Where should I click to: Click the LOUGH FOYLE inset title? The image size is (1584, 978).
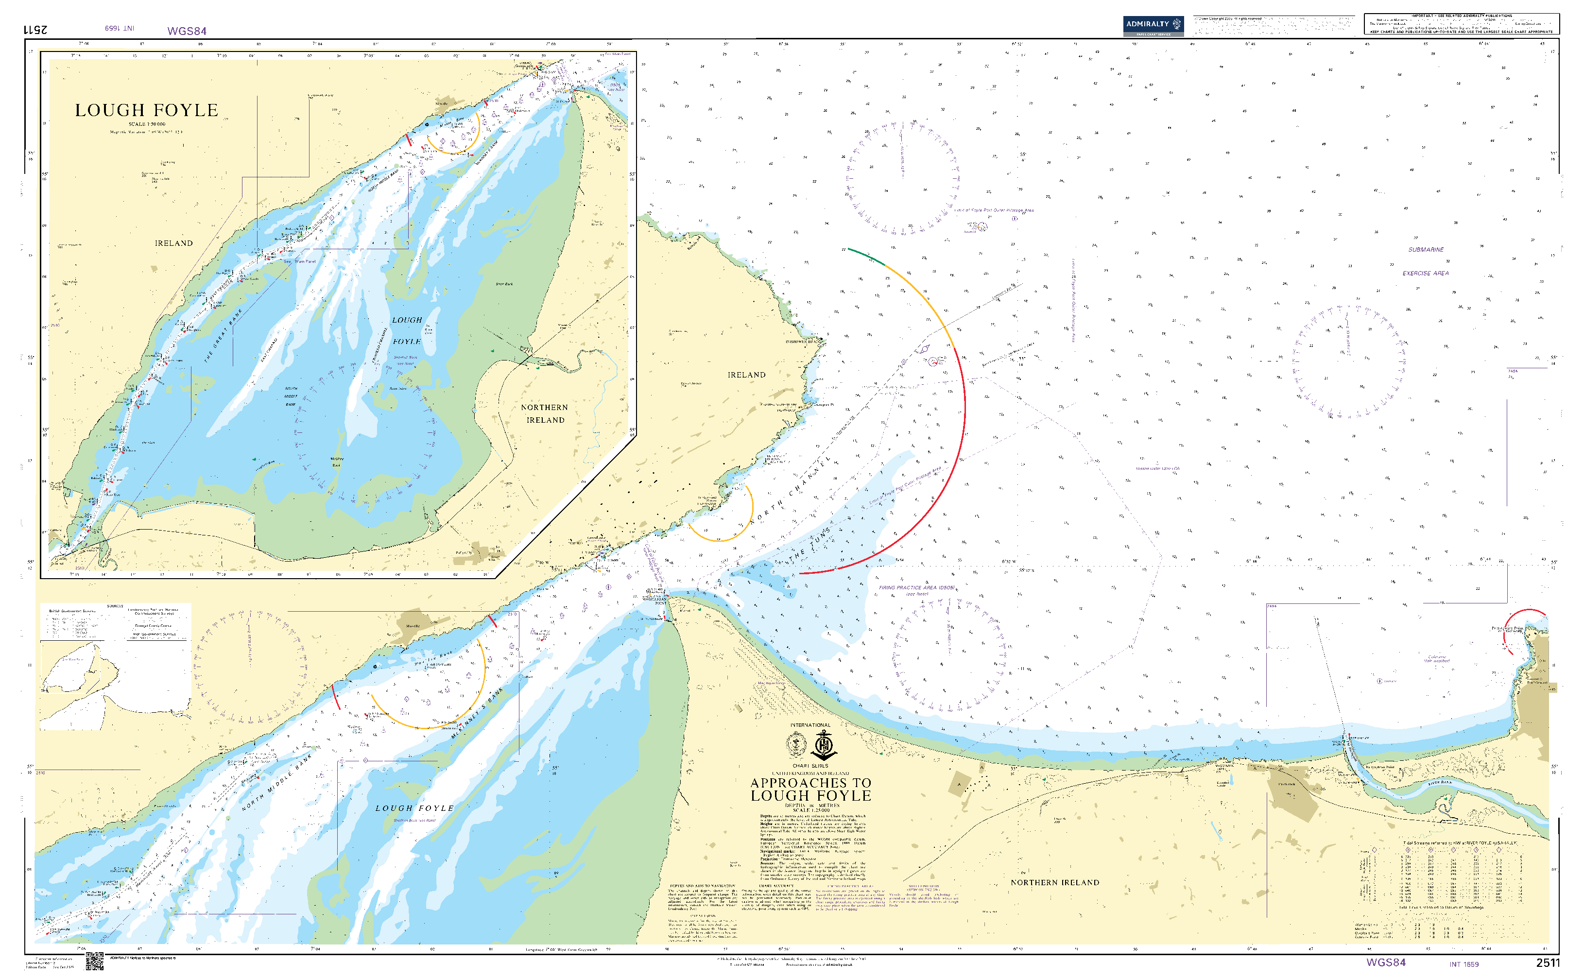click(146, 111)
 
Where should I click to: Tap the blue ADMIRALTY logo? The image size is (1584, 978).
click(1153, 25)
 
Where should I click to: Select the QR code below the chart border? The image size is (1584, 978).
click(94, 961)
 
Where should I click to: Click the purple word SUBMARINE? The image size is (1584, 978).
click(1426, 250)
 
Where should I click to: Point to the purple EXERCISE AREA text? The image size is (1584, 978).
click(1425, 274)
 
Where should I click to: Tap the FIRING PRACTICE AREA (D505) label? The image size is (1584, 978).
click(916, 588)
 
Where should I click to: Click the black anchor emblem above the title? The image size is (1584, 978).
click(824, 746)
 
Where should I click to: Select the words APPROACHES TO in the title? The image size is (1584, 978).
click(810, 783)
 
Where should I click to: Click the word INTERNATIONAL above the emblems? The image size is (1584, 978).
click(810, 725)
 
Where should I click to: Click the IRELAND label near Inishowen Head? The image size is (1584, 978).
click(746, 375)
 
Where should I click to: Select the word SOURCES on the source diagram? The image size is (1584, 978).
click(115, 606)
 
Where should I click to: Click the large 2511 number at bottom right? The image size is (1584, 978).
click(1548, 963)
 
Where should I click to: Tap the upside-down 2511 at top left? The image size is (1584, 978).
click(35, 30)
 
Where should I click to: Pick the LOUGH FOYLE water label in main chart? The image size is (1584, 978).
click(414, 808)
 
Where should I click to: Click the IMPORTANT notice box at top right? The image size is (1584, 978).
click(1461, 24)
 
